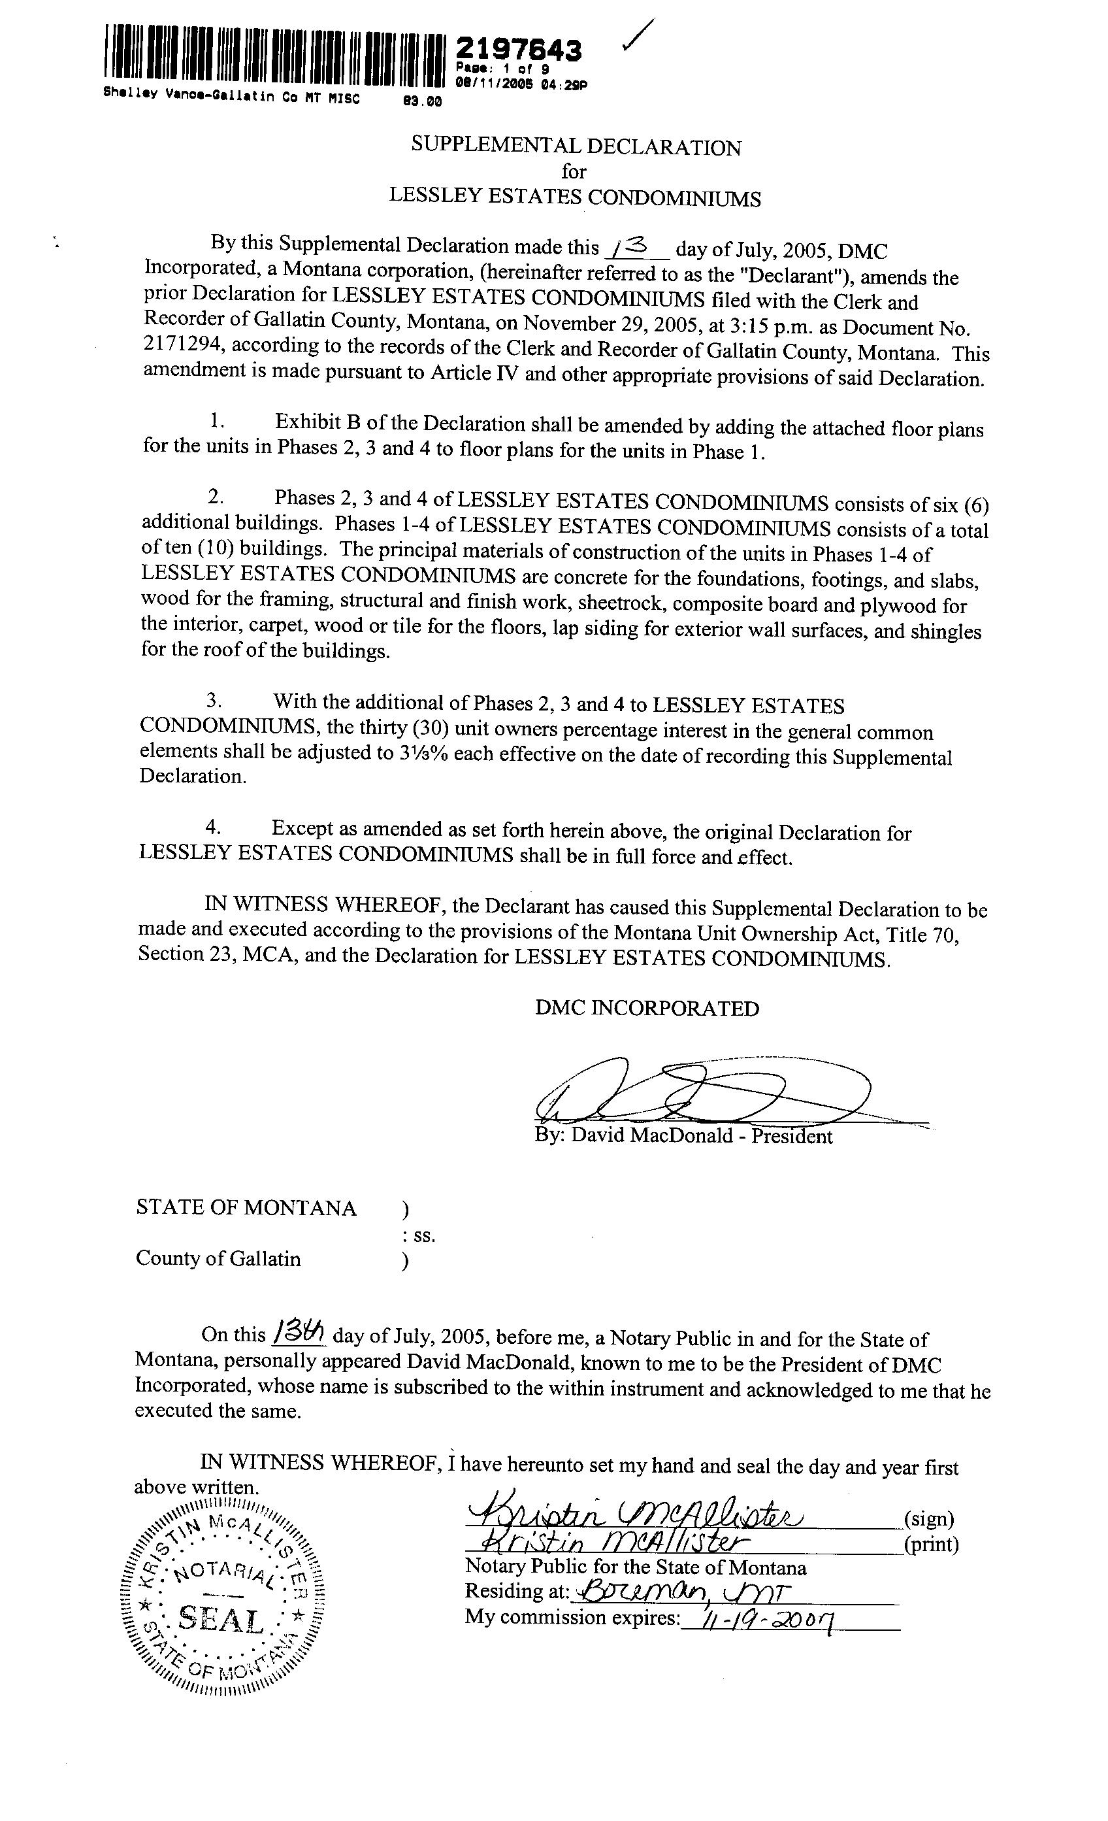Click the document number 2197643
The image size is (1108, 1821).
(x=519, y=50)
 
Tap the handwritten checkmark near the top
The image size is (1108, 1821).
(x=638, y=35)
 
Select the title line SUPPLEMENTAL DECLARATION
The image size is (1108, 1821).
(x=576, y=147)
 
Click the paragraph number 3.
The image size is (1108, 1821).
(x=214, y=700)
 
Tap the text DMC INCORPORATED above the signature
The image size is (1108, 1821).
(x=647, y=1009)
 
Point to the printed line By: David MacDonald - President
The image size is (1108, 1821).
(x=683, y=1136)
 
